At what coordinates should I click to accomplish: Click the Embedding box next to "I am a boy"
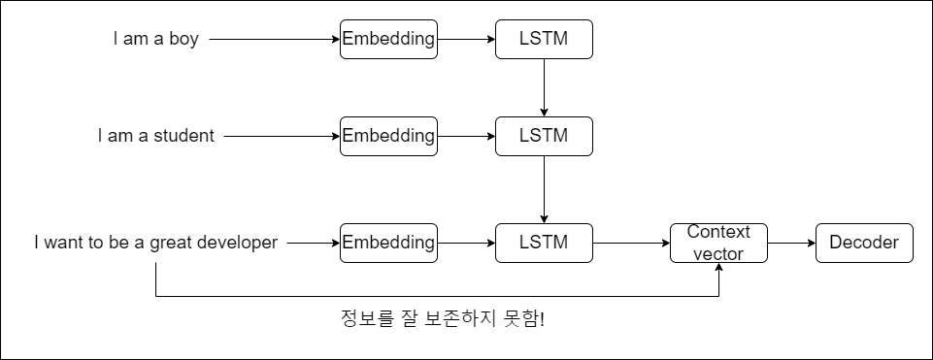388,39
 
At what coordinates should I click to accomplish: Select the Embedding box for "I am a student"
388,136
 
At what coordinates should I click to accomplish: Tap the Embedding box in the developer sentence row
388,243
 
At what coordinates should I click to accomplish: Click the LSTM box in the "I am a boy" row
544,39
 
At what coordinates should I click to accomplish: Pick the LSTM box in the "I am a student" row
544,136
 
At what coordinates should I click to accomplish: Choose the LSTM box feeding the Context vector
544,243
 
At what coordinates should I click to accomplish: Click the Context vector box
718,243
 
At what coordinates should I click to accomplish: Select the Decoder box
864,243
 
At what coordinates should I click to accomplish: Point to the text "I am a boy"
156,39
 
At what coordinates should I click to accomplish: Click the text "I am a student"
156,136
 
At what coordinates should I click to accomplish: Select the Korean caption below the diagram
443,319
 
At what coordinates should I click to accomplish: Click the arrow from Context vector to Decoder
791,243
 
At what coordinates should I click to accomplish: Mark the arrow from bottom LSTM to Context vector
631,243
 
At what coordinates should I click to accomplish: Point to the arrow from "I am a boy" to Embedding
275,39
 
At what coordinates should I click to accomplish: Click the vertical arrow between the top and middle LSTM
544,88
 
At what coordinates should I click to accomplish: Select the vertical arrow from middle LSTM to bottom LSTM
544,190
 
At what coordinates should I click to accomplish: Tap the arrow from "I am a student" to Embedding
283,136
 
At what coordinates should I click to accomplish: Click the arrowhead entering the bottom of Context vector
718,267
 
